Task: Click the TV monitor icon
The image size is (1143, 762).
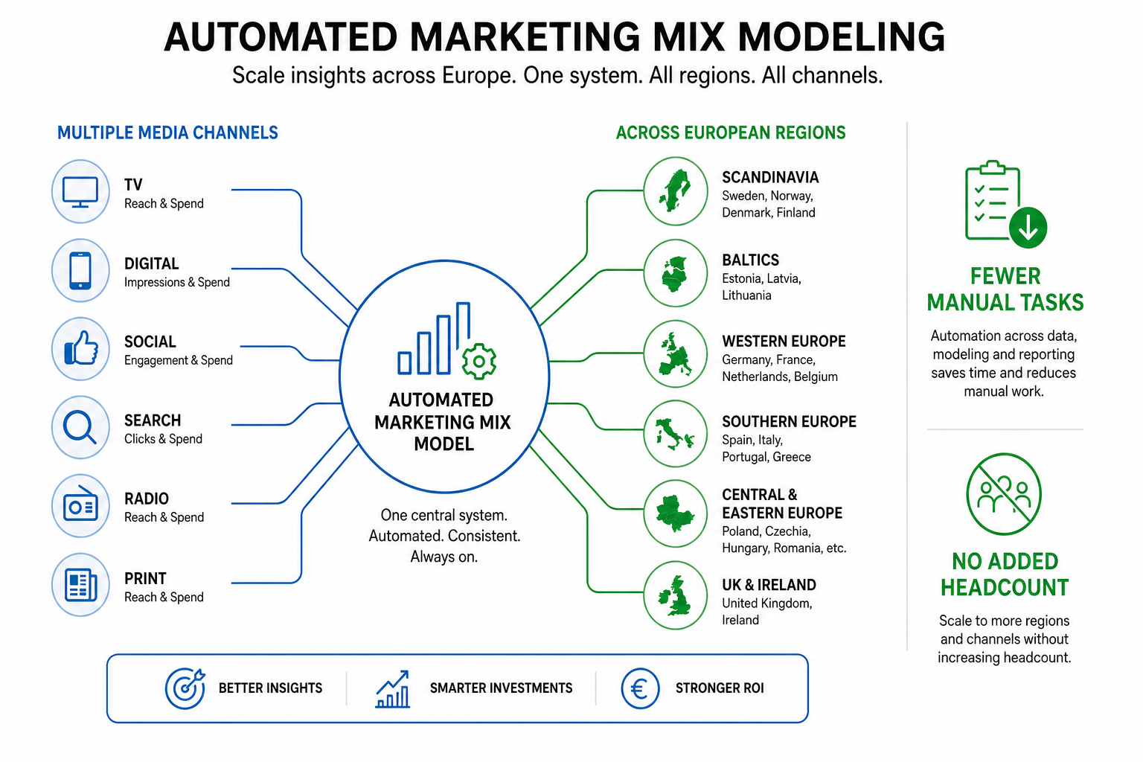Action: tap(80, 192)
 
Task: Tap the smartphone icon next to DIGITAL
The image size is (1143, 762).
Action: tap(80, 271)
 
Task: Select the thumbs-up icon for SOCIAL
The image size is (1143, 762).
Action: tap(81, 348)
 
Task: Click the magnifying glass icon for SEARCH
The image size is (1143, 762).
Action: tap(80, 427)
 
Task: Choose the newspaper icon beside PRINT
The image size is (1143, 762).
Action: tap(80, 584)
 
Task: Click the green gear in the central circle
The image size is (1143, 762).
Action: tap(478, 362)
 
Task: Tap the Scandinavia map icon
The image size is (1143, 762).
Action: tap(675, 191)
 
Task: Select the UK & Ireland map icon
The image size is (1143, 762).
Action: tap(675, 595)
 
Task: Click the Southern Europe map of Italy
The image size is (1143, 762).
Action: tap(675, 434)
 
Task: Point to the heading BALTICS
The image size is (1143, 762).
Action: tap(750, 260)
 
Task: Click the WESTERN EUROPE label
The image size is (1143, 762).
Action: tap(784, 341)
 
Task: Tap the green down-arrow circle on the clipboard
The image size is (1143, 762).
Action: tap(1028, 228)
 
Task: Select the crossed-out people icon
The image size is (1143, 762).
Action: tap(1004, 494)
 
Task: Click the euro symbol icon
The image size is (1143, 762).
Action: tap(640, 688)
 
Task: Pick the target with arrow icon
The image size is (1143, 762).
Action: tap(185, 688)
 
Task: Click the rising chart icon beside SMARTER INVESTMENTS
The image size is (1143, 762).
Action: tap(392, 689)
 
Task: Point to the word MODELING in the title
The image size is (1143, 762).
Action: tap(842, 36)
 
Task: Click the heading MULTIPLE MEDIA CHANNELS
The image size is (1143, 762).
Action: tap(167, 132)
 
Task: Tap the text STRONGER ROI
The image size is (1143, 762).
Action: tap(720, 688)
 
